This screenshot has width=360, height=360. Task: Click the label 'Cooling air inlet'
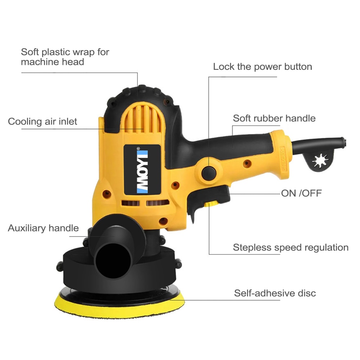coord(42,122)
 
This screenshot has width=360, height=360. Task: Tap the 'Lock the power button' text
coord(262,67)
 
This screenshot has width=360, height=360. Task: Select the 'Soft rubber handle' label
coord(274,118)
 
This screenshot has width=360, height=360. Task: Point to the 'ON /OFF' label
coord(301,193)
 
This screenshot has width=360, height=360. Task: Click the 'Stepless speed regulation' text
coord(291,248)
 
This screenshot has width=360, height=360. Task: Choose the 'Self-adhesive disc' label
coord(275,293)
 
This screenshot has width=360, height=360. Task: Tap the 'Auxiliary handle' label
coord(43,228)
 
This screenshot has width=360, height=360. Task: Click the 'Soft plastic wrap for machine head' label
coord(65,57)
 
